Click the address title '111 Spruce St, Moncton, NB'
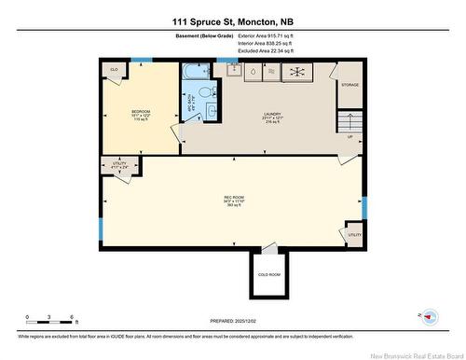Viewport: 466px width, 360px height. pyautogui.click(x=232, y=21)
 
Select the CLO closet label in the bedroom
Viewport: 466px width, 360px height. pyautogui.click(x=115, y=70)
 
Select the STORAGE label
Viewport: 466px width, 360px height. pyautogui.click(x=349, y=85)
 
